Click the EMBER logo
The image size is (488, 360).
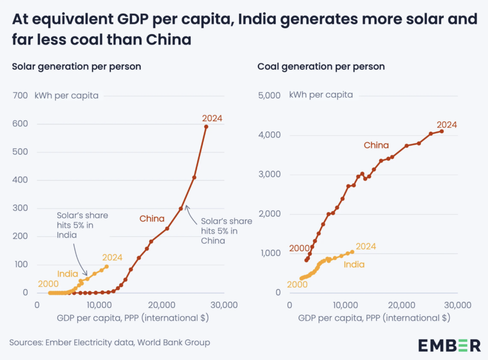(x=449, y=344)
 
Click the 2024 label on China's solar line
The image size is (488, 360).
(x=213, y=118)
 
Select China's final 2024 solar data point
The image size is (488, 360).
(x=206, y=127)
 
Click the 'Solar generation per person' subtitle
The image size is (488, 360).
(x=76, y=67)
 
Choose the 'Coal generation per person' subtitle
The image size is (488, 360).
(x=321, y=67)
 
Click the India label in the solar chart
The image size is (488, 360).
(x=68, y=274)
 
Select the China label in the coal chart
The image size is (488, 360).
(x=376, y=145)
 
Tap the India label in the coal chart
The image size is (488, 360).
(x=354, y=264)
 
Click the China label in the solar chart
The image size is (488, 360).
(x=152, y=219)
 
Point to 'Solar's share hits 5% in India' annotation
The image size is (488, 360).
(x=82, y=224)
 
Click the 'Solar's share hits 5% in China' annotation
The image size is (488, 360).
(x=226, y=231)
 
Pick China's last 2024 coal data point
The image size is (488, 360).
(x=442, y=131)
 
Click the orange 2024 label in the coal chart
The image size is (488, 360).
(x=366, y=247)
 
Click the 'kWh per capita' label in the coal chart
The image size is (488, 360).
(x=321, y=95)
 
